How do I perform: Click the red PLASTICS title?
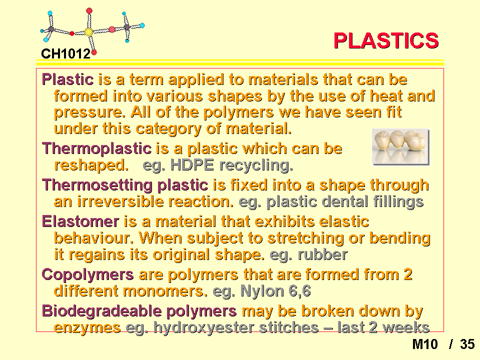[386, 40]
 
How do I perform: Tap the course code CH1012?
[66, 53]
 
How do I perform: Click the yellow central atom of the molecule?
[88, 32]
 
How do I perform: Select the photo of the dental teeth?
[400, 147]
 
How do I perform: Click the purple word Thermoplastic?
[96, 149]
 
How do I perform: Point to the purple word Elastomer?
[80, 221]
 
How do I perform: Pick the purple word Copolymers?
[88, 275]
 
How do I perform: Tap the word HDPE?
[192, 165]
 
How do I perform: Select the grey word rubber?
[322, 254]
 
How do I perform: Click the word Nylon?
[262, 291]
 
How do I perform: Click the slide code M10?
[425, 344]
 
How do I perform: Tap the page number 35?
[467, 344]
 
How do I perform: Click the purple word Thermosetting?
[97, 185]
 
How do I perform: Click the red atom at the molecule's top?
[89, 11]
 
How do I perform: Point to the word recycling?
[256, 165]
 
